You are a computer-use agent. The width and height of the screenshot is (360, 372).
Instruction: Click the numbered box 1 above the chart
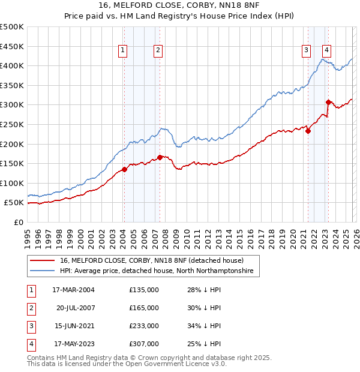pos(122,51)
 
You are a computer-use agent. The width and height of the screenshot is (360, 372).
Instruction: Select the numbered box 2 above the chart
pos(158,51)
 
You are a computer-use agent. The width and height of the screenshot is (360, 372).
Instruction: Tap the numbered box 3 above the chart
pos(306,51)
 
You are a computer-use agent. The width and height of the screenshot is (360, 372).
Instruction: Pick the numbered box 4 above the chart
pos(327,51)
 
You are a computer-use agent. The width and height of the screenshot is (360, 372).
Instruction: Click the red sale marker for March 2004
pos(124,169)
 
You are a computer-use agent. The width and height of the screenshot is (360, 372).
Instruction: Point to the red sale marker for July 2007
pos(160,157)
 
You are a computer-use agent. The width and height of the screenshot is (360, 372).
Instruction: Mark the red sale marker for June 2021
pos(308,131)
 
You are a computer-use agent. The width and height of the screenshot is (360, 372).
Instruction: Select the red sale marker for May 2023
pos(328,102)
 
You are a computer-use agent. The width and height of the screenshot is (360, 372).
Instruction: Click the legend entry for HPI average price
pos(157,271)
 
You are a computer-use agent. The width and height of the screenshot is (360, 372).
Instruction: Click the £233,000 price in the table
pos(144,326)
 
